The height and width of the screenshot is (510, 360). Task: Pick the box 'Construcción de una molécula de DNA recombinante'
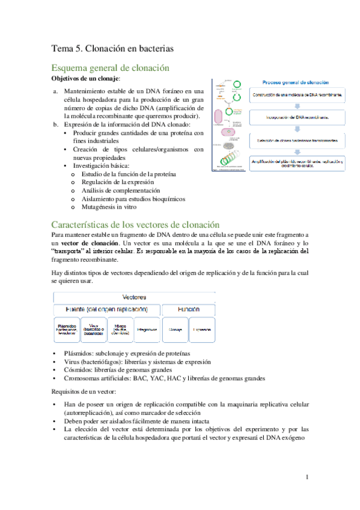pyautogui.click(x=298, y=96)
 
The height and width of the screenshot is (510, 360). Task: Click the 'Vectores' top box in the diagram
pyautogui.click(x=134, y=297)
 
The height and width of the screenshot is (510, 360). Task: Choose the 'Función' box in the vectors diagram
pyautogui.click(x=189, y=308)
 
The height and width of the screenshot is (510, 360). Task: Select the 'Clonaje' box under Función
pyautogui.click(x=175, y=330)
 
